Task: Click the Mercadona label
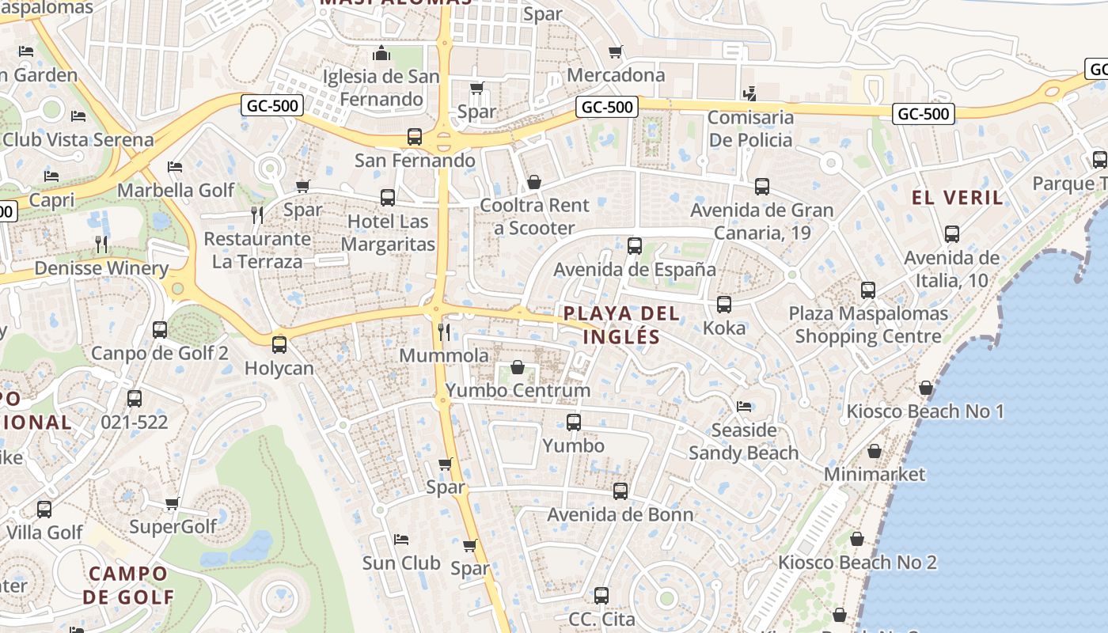click(617, 75)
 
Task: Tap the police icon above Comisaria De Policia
click(749, 94)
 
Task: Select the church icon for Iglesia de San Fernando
click(382, 54)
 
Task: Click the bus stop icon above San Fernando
click(414, 136)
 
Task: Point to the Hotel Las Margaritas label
click(388, 233)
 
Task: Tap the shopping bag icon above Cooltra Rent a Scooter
click(534, 183)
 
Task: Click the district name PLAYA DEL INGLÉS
click(621, 325)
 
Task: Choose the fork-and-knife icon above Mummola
click(444, 332)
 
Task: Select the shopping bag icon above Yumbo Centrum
click(518, 367)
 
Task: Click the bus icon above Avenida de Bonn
click(620, 491)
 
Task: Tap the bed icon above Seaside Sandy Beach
click(743, 407)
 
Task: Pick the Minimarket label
click(875, 474)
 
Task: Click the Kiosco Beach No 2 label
click(857, 563)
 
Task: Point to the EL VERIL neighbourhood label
click(958, 197)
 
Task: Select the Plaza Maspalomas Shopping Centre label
click(868, 324)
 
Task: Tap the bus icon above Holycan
click(279, 345)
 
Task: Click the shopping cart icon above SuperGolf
click(172, 503)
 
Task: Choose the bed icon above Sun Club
click(401, 540)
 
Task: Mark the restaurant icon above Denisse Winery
click(101, 244)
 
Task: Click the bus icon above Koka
click(723, 305)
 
